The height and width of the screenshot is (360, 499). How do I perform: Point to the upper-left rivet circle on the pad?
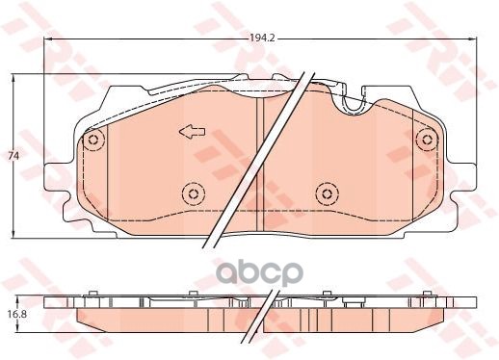pos(92,141)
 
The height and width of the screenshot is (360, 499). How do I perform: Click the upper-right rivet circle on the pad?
pos(424,141)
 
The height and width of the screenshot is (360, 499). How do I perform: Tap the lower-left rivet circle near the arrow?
pos(194,195)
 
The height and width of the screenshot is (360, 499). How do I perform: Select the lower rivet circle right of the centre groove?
pos(324,192)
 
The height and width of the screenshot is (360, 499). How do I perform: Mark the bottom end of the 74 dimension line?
pos(13,235)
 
